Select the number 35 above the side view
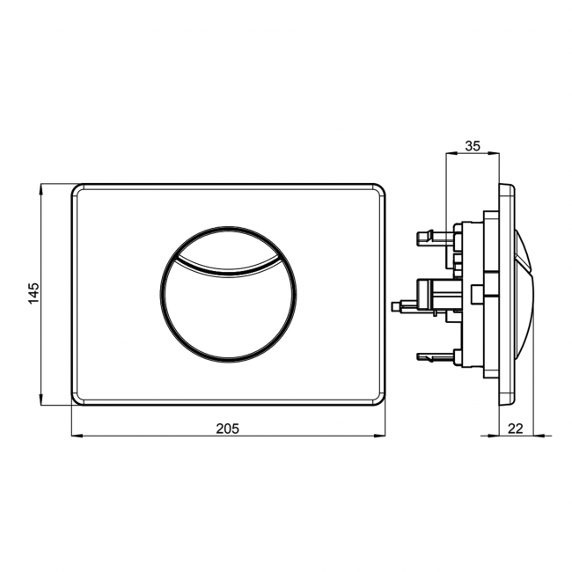click(x=472, y=146)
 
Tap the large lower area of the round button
click(x=228, y=308)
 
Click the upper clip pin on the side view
click(x=424, y=236)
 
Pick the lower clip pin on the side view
click(x=424, y=356)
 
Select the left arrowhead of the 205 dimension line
click(x=74, y=435)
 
